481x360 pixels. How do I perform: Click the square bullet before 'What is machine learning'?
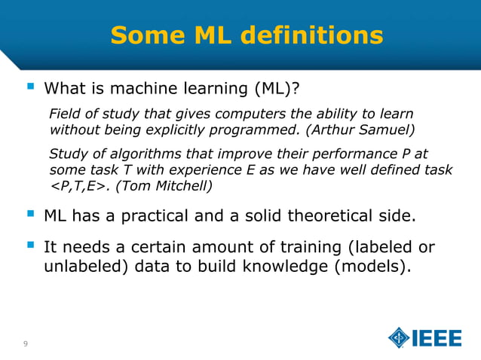29,89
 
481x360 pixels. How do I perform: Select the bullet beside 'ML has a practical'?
29,216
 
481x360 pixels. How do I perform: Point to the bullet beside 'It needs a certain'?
29,246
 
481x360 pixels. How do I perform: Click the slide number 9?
26,344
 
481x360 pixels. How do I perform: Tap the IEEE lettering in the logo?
436,338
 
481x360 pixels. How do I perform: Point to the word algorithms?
133,154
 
